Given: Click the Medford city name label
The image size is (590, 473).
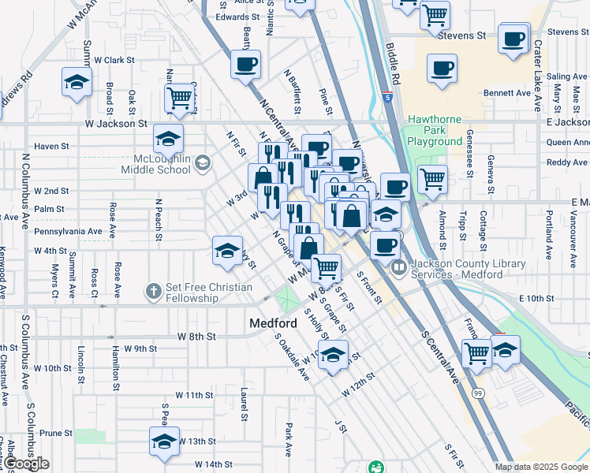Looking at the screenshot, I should tap(272, 323).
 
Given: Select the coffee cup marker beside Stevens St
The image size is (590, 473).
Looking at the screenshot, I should tap(513, 39).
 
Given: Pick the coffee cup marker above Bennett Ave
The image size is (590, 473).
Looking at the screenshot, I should tap(442, 69).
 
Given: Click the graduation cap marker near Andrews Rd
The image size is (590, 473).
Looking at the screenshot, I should tap(77, 82).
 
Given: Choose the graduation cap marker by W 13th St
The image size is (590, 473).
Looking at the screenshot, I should tap(164, 441).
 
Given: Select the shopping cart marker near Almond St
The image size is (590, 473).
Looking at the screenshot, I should tap(431, 178).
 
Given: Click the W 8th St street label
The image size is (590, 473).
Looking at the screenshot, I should tap(197, 337).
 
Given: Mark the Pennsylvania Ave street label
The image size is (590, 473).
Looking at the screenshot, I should tap(69, 232).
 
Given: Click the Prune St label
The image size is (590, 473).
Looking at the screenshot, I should tap(56, 433).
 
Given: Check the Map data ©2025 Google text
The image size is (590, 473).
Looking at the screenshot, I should tap(542, 467).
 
